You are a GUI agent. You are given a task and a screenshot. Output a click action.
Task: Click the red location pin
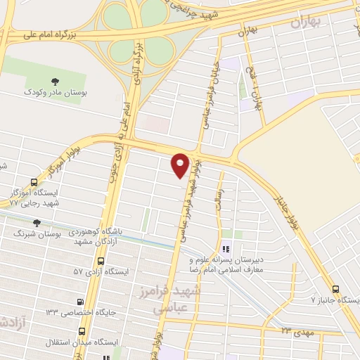[181, 165]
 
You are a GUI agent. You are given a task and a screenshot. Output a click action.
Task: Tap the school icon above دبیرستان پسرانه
[226, 249]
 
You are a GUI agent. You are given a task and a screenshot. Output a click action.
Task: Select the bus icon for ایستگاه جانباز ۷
[335, 289]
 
